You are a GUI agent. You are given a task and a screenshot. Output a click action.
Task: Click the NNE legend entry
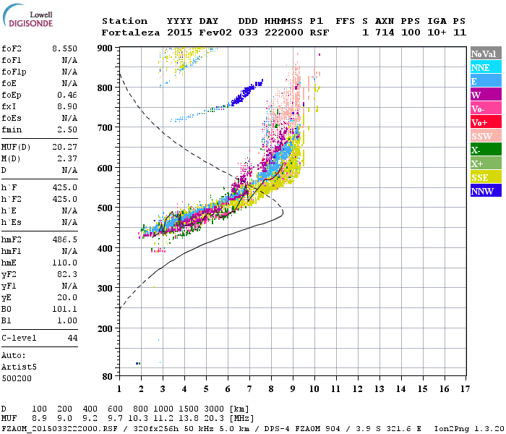(486, 67)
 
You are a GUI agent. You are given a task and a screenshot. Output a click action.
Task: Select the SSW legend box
(486, 136)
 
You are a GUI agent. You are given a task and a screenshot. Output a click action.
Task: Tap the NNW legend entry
(486, 191)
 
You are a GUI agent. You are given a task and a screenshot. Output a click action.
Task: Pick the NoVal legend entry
(486, 54)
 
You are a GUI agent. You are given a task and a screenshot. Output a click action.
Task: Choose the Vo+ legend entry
(486, 122)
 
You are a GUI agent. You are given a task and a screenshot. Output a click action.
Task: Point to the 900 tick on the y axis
(106, 48)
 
